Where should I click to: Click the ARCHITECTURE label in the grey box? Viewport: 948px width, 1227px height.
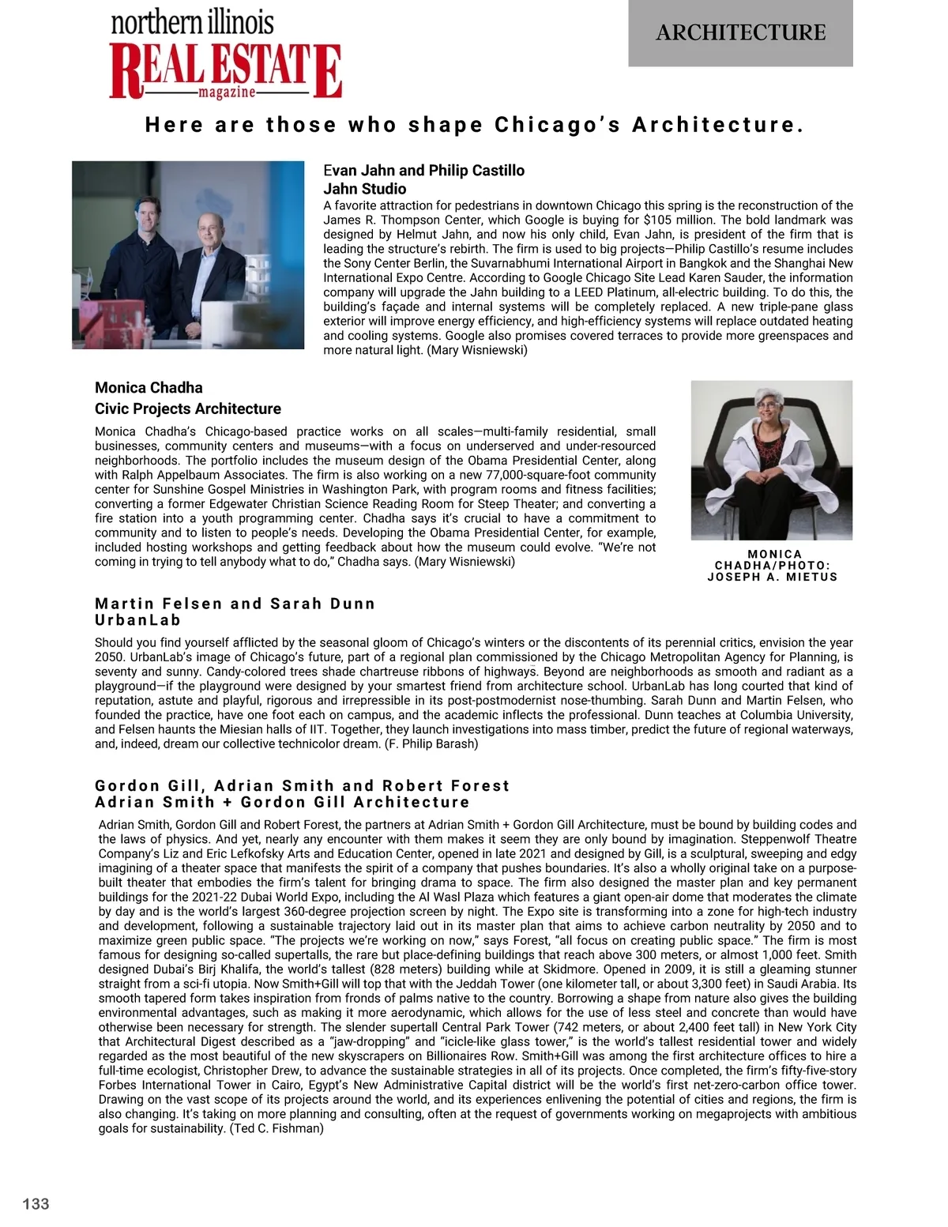tap(740, 32)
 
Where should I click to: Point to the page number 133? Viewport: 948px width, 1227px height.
tap(36, 1203)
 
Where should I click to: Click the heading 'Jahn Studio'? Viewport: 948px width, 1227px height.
tap(364, 189)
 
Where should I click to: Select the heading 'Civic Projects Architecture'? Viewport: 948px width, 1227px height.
tap(187, 408)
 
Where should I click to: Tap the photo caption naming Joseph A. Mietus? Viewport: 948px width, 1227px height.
tap(773, 566)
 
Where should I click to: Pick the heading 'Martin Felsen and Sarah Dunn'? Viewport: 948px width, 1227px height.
tap(235, 604)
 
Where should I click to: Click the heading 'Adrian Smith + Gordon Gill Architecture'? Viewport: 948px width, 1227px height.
tap(282, 802)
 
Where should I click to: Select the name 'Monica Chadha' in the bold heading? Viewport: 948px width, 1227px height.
tap(149, 387)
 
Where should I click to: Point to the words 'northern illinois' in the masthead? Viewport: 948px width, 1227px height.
tap(192, 22)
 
